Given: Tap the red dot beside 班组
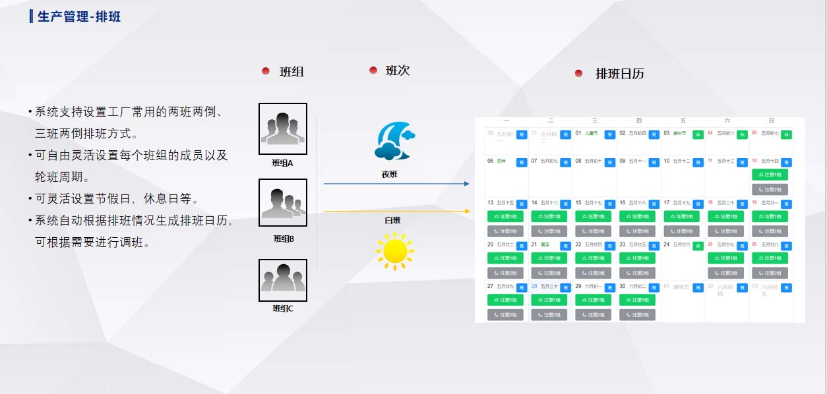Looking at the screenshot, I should [x=266, y=71].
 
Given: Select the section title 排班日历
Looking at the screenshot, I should [x=619, y=74].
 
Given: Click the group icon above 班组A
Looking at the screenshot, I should [x=283, y=128].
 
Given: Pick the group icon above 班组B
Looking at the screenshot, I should [x=283, y=203].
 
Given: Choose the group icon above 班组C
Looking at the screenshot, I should [x=283, y=279].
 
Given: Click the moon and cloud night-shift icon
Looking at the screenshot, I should [x=395, y=141].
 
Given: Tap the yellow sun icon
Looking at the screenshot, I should [x=394, y=251].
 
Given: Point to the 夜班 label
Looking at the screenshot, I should [x=390, y=175].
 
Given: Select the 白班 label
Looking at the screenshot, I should [x=392, y=221].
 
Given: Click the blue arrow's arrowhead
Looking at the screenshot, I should [x=466, y=184].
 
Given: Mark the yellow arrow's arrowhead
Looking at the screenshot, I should [x=467, y=211].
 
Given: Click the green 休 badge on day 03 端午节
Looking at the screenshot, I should [x=698, y=134].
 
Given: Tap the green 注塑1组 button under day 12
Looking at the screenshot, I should [x=770, y=175].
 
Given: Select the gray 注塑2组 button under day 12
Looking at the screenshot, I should [x=770, y=189].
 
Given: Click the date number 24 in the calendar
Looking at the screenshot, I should [x=667, y=244].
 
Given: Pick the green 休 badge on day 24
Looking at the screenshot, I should [x=698, y=246].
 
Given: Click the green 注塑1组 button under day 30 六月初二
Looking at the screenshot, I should [x=637, y=300].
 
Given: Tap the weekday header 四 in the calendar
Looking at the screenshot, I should [x=638, y=121].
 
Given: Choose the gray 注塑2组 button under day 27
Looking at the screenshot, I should [x=505, y=315].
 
